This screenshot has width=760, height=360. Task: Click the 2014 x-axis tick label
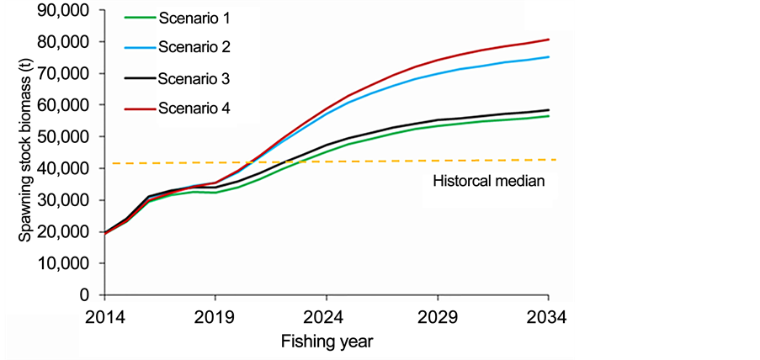[x=104, y=318]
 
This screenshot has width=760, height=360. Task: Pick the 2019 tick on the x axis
[x=215, y=318]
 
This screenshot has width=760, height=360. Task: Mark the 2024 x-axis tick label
[x=327, y=318]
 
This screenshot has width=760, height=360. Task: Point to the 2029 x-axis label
[x=438, y=318]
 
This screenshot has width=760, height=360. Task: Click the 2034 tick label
[x=548, y=318]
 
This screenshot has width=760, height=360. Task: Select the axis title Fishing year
[x=327, y=342]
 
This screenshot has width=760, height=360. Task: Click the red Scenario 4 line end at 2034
[x=549, y=40]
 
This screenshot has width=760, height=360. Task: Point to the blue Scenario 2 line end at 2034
[x=549, y=57]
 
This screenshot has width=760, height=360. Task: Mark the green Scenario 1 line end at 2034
[x=549, y=116]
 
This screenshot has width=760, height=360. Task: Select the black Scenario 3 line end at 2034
[x=549, y=110]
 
